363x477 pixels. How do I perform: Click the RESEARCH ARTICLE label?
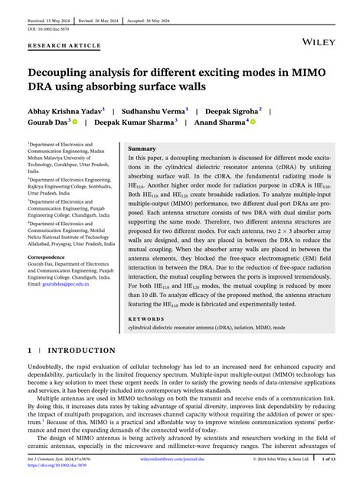[x=64, y=45]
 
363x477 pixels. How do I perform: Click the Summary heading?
[x=142, y=148]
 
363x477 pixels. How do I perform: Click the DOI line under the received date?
[x=47, y=28]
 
